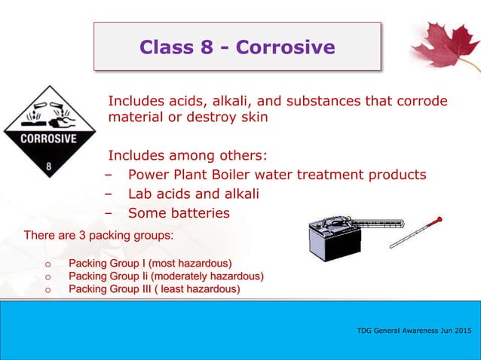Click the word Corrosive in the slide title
click(x=285, y=47)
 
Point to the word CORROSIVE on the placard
click(x=48, y=139)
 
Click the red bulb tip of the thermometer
click(x=439, y=220)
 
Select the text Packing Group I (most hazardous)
click(x=150, y=263)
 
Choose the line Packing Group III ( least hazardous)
click(x=155, y=289)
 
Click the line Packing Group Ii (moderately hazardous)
click(x=166, y=276)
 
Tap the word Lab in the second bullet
click(x=141, y=194)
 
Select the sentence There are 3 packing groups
click(x=99, y=236)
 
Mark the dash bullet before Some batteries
click(x=109, y=214)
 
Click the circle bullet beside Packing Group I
click(x=47, y=264)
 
